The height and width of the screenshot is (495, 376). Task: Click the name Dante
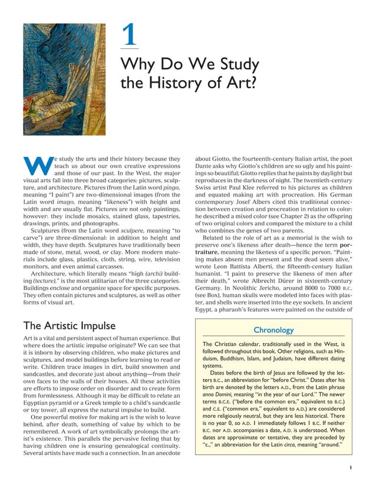click(x=207, y=167)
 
